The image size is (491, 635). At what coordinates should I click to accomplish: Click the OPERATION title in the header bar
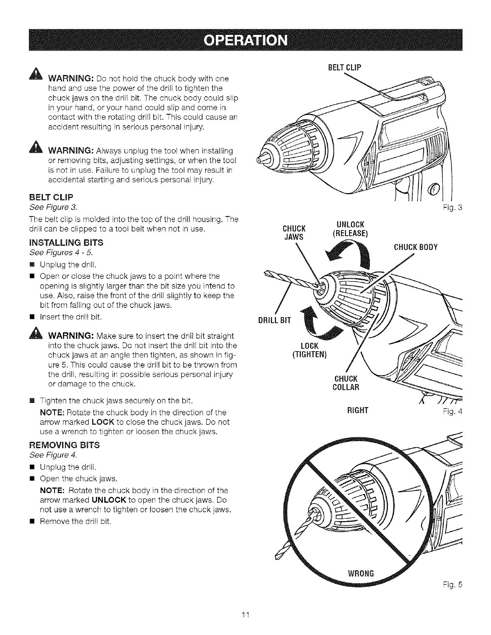pos(245,41)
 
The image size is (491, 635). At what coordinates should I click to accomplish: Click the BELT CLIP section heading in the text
pos(51,198)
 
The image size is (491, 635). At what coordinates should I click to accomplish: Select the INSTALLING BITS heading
pos(66,243)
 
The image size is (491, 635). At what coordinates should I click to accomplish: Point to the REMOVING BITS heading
pos(65,445)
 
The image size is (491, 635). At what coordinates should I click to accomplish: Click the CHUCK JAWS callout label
pos(294,233)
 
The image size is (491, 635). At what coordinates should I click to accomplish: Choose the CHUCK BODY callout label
pos(416,247)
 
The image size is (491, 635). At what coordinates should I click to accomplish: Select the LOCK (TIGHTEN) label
pos(309,350)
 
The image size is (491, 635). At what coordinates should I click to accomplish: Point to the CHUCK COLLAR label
pos(346,383)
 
